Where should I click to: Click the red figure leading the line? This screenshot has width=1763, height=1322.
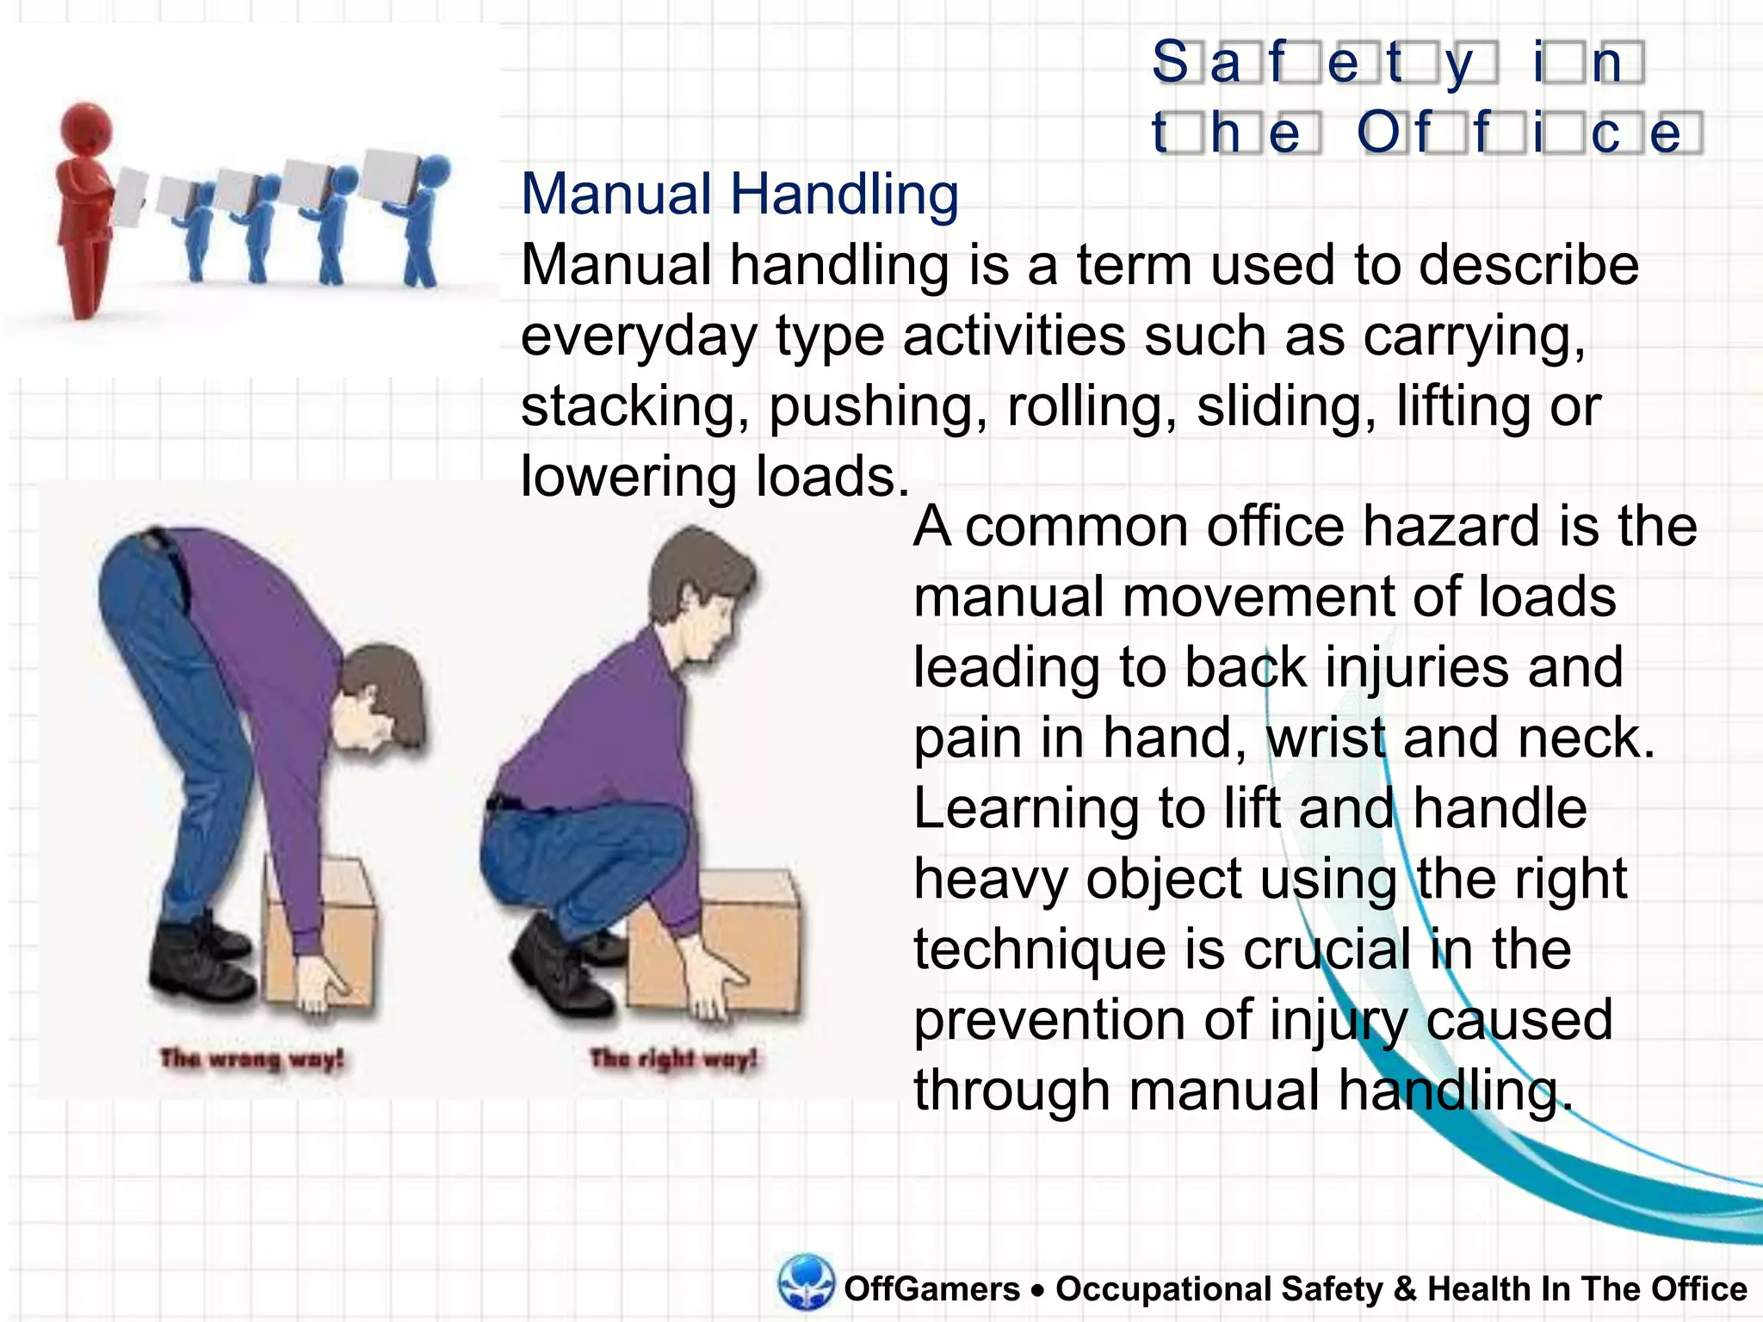click(84, 207)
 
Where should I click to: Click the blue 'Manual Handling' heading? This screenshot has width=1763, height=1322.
click(739, 195)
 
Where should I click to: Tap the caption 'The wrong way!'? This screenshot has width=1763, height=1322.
click(251, 1058)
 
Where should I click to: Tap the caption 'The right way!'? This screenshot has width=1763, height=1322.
click(673, 1058)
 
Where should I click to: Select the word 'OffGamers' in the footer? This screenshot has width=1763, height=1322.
click(931, 1289)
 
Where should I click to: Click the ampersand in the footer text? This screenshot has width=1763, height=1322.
click(1404, 1289)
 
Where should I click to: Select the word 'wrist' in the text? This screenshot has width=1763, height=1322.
click(1326, 738)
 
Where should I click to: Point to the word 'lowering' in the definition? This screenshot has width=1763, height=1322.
click(628, 478)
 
